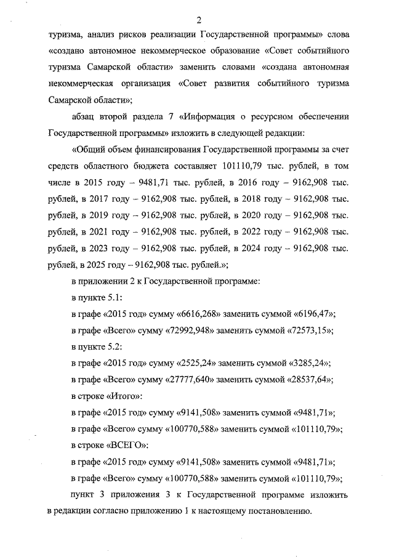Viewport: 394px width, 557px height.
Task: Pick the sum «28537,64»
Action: (312, 380)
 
